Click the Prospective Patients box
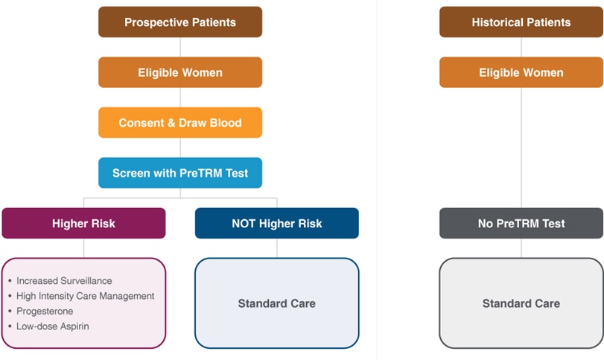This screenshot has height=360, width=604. click(x=180, y=22)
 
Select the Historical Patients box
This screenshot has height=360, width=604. click(x=521, y=22)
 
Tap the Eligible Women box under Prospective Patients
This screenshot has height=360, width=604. click(x=180, y=72)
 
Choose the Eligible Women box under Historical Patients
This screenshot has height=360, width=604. click(x=521, y=72)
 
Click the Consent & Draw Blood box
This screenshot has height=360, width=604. click(x=180, y=122)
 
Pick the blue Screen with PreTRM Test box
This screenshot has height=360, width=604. click(x=180, y=173)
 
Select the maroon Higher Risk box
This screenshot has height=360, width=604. click(x=83, y=223)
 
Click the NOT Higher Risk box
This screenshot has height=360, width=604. click(x=277, y=223)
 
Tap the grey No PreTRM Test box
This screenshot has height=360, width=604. click(x=521, y=223)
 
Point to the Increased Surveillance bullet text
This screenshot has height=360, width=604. click(x=64, y=280)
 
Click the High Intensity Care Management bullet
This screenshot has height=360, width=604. click(x=85, y=296)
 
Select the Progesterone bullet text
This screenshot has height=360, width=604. click(x=45, y=311)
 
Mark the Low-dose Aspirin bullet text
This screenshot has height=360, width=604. click(x=52, y=326)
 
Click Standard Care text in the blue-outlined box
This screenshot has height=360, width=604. click(x=277, y=303)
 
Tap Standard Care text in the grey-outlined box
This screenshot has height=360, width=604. click(x=521, y=303)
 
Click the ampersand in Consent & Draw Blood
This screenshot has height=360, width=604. click(x=171, y=123)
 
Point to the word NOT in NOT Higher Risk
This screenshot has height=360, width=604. click(x=244, y=224)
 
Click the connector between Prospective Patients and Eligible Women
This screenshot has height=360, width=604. click(x=180, y=47)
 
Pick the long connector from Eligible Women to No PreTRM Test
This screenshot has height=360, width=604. click(x=521, y=148)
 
